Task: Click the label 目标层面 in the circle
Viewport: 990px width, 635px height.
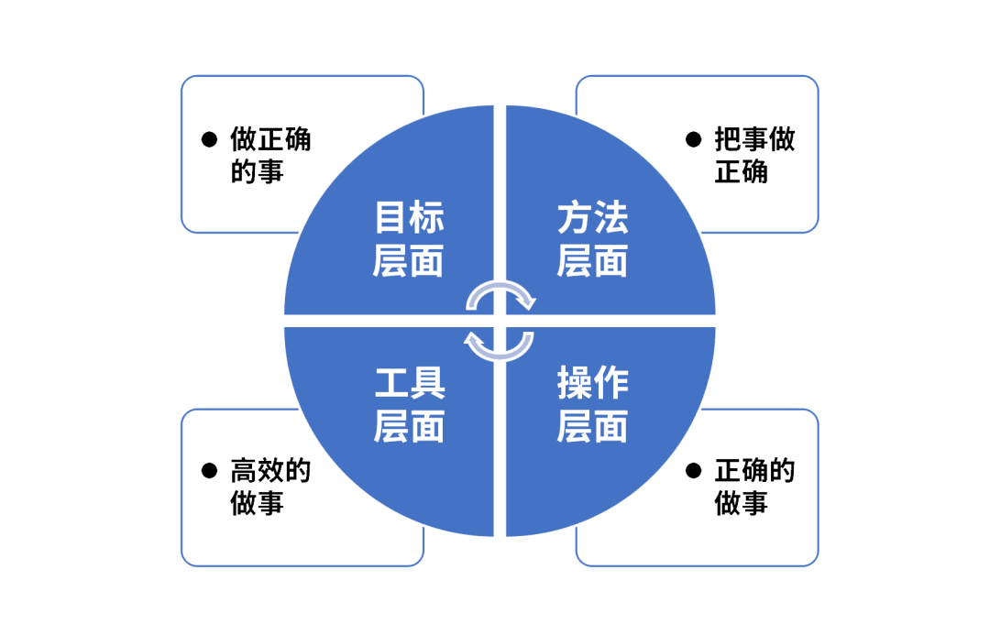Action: [409, 239]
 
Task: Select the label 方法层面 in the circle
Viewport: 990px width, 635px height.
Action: [592, 239]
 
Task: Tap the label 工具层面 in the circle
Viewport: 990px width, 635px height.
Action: [409, 404]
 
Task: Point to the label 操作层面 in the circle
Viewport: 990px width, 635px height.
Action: [592, 404]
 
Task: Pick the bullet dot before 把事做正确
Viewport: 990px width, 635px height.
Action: [694, 139]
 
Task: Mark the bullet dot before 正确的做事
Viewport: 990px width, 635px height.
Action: [694, 471]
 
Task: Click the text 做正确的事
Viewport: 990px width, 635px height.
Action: [270, 155]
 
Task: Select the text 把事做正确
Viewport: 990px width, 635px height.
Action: [754, 155]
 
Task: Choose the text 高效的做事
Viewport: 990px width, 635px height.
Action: [270, 487]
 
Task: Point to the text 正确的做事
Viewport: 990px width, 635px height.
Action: [754, 487]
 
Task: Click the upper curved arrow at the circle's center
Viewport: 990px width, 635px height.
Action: [500, 294]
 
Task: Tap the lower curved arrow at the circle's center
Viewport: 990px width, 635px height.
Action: [500, 345]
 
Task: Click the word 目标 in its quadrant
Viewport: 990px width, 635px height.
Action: [409, 219]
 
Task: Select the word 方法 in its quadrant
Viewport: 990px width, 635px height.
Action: [592, 219]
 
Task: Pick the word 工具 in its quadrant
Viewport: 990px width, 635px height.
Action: [409, 383]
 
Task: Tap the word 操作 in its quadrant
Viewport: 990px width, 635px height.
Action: [592, 383]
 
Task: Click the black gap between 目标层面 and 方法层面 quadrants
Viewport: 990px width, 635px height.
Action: [500, 183]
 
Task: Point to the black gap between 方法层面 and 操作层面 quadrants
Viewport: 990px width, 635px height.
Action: [623, 321]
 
